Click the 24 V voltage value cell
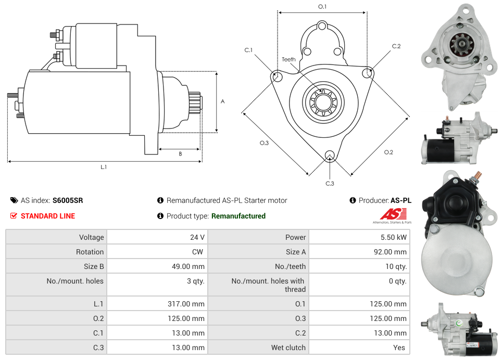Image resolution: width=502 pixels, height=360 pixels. point(197,237)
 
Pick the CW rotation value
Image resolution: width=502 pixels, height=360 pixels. point(198,252)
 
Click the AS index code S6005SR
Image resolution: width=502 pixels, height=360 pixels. point(68,200)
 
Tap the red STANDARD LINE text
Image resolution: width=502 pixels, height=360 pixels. point(48,216)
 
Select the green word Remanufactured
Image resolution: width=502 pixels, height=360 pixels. point(239,216)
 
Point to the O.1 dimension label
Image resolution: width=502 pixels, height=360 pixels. point(322,7)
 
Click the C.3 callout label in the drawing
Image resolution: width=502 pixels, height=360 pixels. point(330,183)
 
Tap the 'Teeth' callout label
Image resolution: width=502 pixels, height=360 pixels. point(288,59)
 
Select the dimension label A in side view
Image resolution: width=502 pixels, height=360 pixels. point(222,101)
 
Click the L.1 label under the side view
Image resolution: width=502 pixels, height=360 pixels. point(104,167)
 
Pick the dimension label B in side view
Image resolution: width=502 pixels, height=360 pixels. point(180,153)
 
